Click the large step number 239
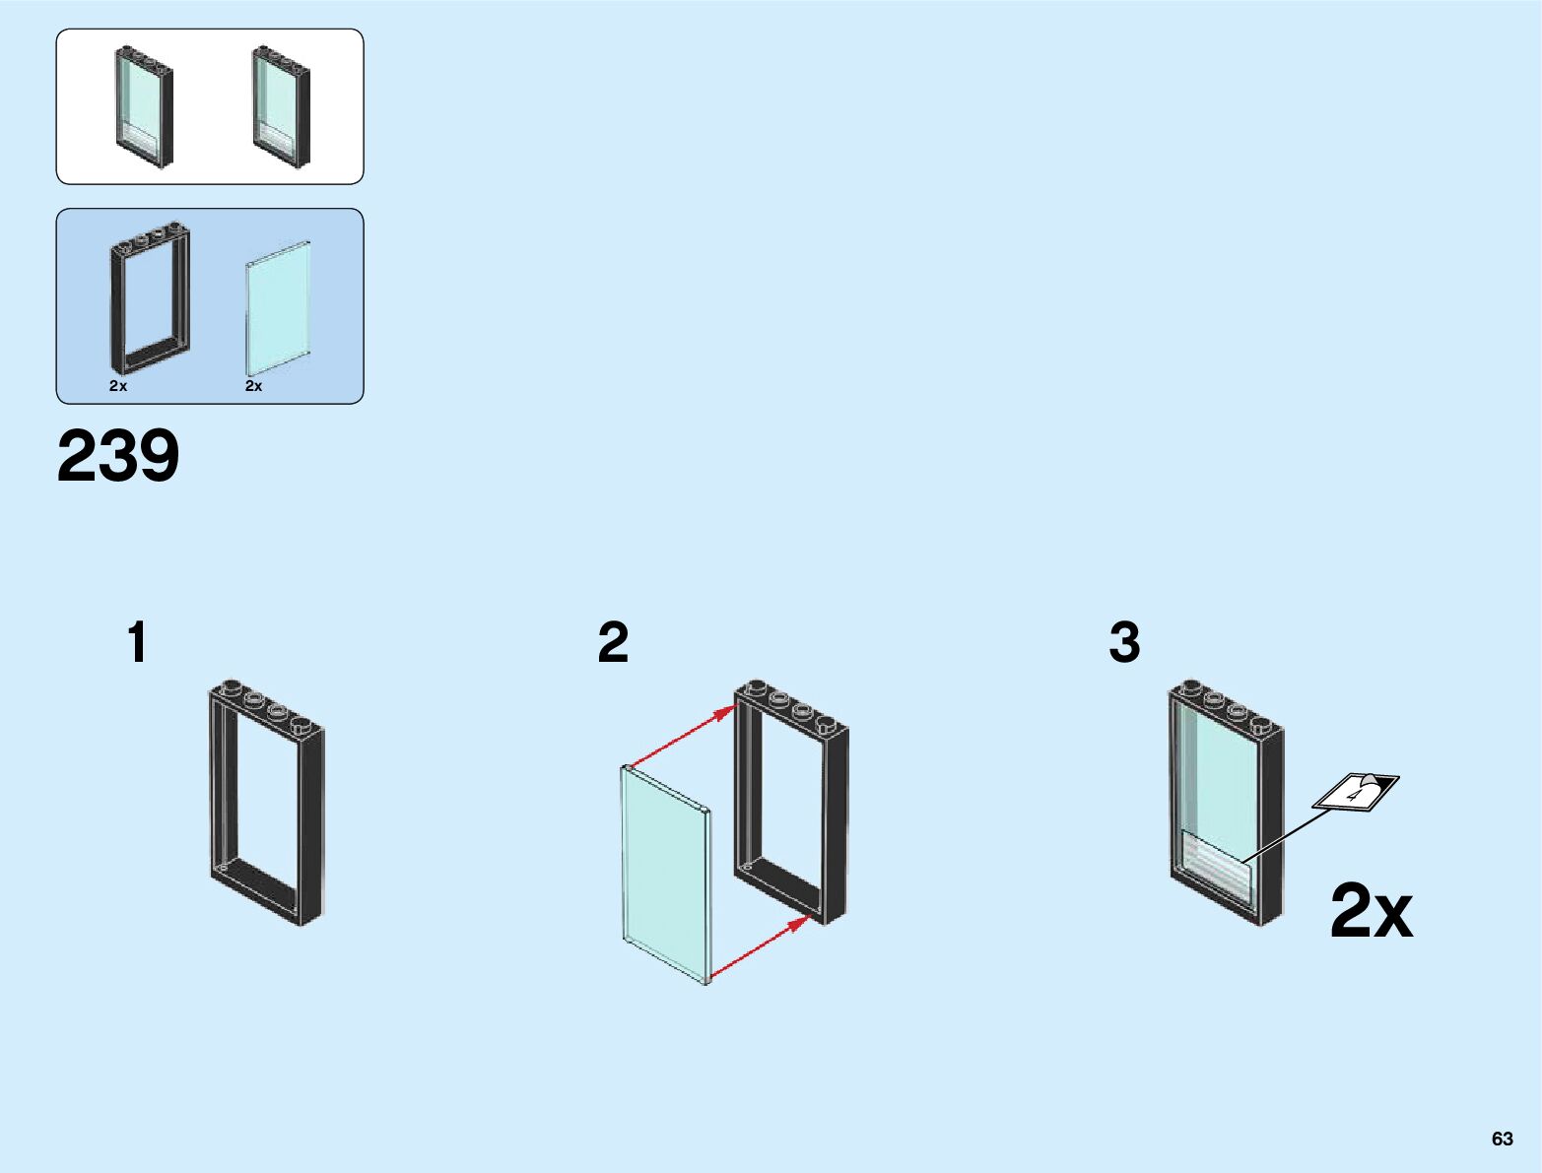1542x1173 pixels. pyautogui.click(x=118, y=456)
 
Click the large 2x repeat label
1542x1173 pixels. pyautogui.click(x=1371, y=911)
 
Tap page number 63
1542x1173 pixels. pyautogui.click(x=1502, y=1139)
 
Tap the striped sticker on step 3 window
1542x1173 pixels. pyautogui.click(x=1216, y=866)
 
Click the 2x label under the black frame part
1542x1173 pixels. pyautogui.click(x=118, y=386)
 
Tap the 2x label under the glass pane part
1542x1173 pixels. pyautogui.click(x=254, y=386)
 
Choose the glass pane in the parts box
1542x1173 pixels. pyautogui.click(x=279, y=305)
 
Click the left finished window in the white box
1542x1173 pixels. pyautogui.click(x=145, y=106)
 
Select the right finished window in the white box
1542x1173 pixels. pyautogui.click(x=281, y=106)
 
